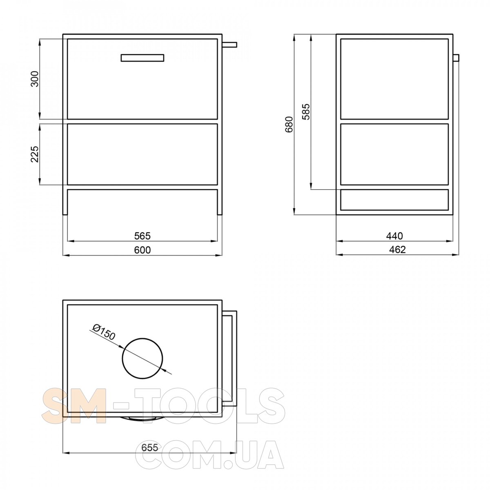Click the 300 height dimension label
[35, 79]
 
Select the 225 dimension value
[35, 154]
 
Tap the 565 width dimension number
[143, 236]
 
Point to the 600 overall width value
[143, 250]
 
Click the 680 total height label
[289, 125]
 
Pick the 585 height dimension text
[306, 111]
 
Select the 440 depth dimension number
[394, 236]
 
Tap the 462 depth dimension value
[397, 250]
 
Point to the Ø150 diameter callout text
[104, 332]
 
